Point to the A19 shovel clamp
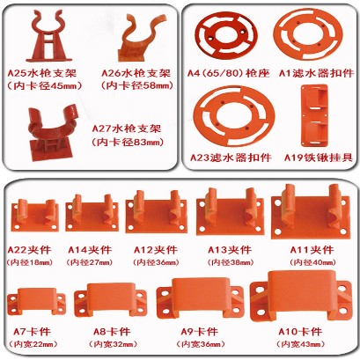click(314, 114)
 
